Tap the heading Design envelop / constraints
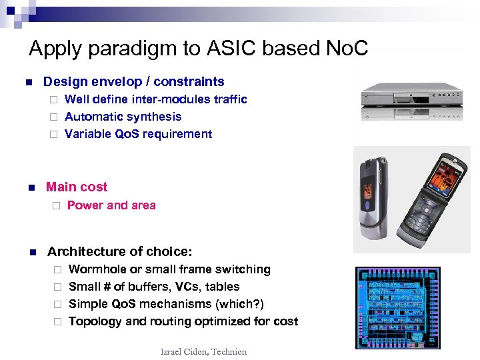point(133,82)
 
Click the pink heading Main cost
point(77,187)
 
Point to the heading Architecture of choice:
point(119,251)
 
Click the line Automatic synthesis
point(123,117)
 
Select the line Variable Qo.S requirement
point(138,134)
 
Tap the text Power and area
point(111,205)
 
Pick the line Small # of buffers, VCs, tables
point(154,287)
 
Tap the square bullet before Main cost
point(29,188)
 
